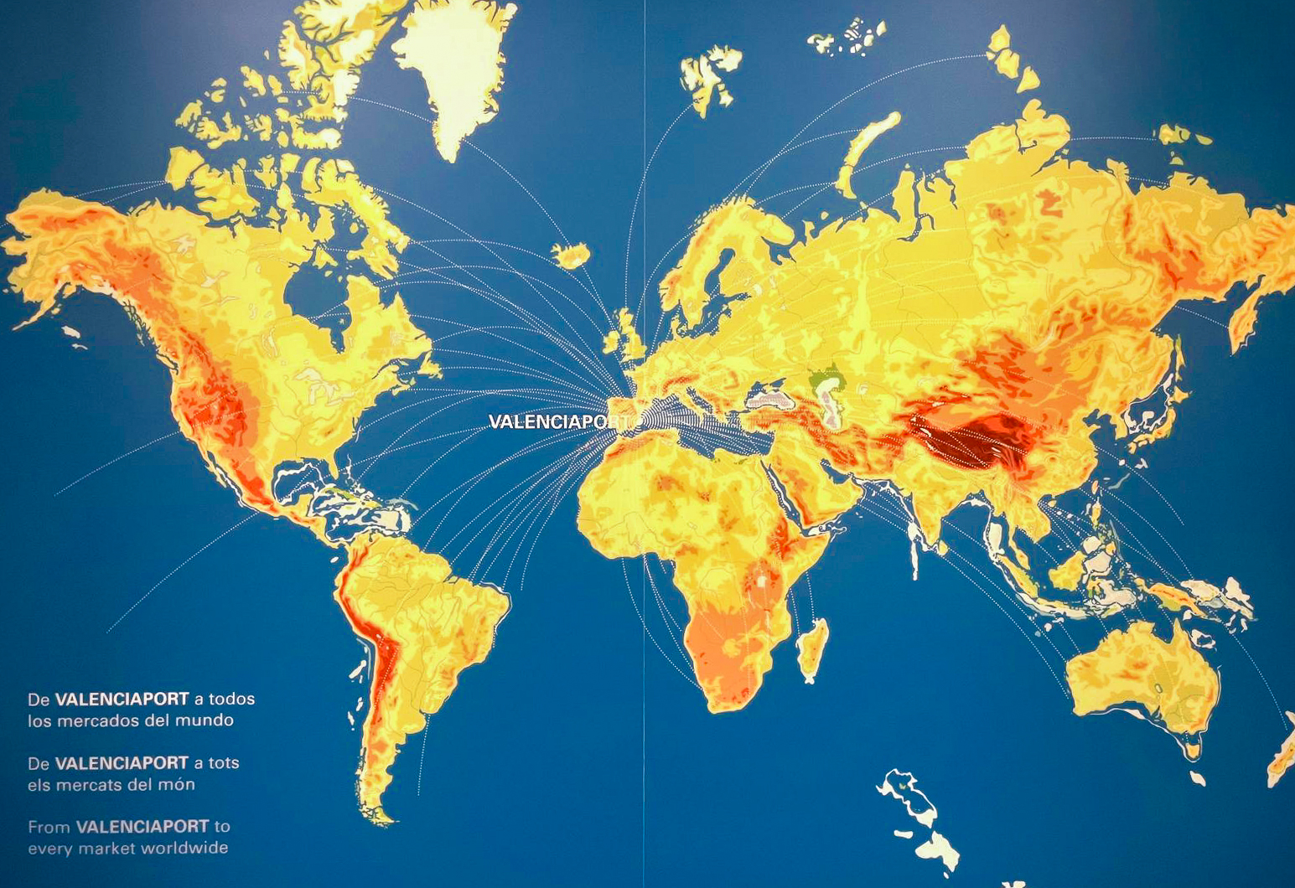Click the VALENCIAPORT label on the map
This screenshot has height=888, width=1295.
click(x=558, y=421)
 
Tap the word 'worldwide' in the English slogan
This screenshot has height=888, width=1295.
click(x=184, y=848)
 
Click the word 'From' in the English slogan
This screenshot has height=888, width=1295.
click(x=49, y=827)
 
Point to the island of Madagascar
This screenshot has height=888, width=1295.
click(x=812, y=649)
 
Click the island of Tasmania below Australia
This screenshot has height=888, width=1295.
click(x=1197, y=778)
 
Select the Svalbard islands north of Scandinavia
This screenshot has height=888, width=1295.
click(x=708, y=75)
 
